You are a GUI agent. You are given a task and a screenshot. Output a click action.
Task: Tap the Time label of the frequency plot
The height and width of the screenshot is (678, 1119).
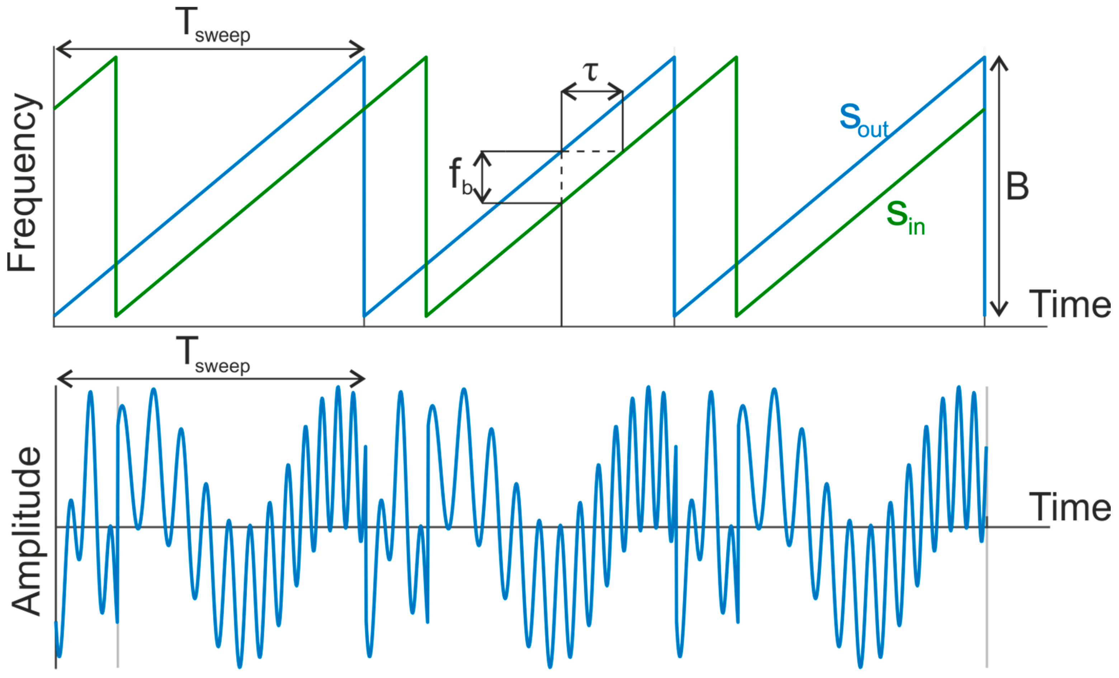[1070, 305]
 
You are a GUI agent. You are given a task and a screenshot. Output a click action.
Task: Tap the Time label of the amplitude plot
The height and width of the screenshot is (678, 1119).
[1070, 507]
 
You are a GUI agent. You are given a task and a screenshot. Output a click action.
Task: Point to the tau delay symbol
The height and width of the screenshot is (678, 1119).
[591, 72]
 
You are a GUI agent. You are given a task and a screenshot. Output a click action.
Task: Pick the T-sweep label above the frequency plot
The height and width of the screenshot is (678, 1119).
[213, 26]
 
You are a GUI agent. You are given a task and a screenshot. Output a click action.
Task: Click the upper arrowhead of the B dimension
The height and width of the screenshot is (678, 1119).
[999, 62]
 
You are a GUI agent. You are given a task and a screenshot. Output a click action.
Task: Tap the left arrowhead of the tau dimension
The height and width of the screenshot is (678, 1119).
[568, 92]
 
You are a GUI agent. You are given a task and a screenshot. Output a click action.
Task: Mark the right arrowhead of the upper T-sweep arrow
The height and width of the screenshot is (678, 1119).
[358, 49]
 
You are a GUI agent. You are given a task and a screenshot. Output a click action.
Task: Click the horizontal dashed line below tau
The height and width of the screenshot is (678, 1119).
[592, 151]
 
